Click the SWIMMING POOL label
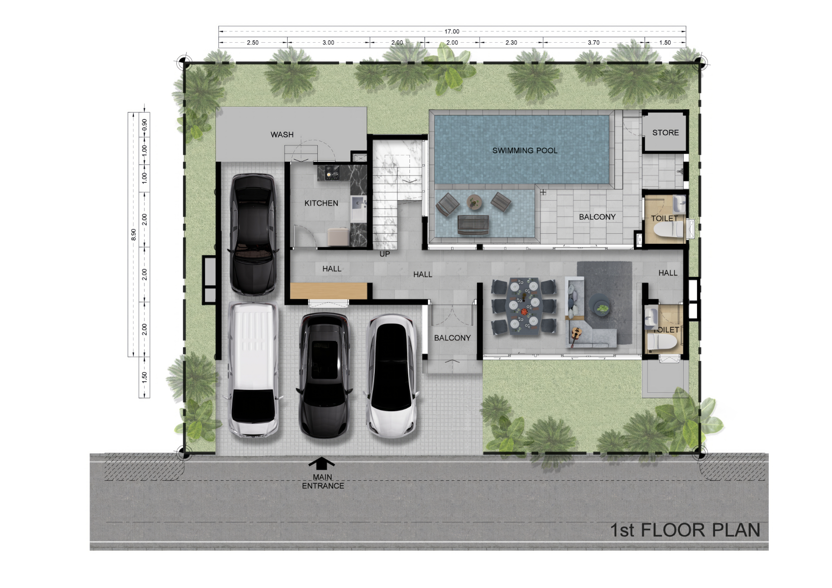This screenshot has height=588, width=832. click(x=525, y=150)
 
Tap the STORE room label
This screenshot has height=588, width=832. click(x=665, y=132)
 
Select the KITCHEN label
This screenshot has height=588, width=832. click(x=321, y=203)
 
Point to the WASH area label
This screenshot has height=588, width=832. click(x=282, y=134)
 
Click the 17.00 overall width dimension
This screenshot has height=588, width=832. click(x=452, y=31)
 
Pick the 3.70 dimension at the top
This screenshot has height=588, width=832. click(x=594, y=42)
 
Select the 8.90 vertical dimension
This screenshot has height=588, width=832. click(x=133, y=235)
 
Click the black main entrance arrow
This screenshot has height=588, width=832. click(x=321, y=463)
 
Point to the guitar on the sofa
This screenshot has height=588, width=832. click(x=576, y=334)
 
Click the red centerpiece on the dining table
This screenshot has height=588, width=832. click(x=524, y=312)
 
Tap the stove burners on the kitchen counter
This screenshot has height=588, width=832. click(x=332, y=173)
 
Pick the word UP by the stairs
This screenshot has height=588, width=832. click(x=385, y=254)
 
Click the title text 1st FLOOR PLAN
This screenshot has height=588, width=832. click(x=685, y=530)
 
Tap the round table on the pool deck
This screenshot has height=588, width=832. click(x=474, y=202)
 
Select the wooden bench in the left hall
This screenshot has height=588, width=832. click(x=329, y=291)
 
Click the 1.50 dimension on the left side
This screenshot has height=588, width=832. click(x=144, y=377)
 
